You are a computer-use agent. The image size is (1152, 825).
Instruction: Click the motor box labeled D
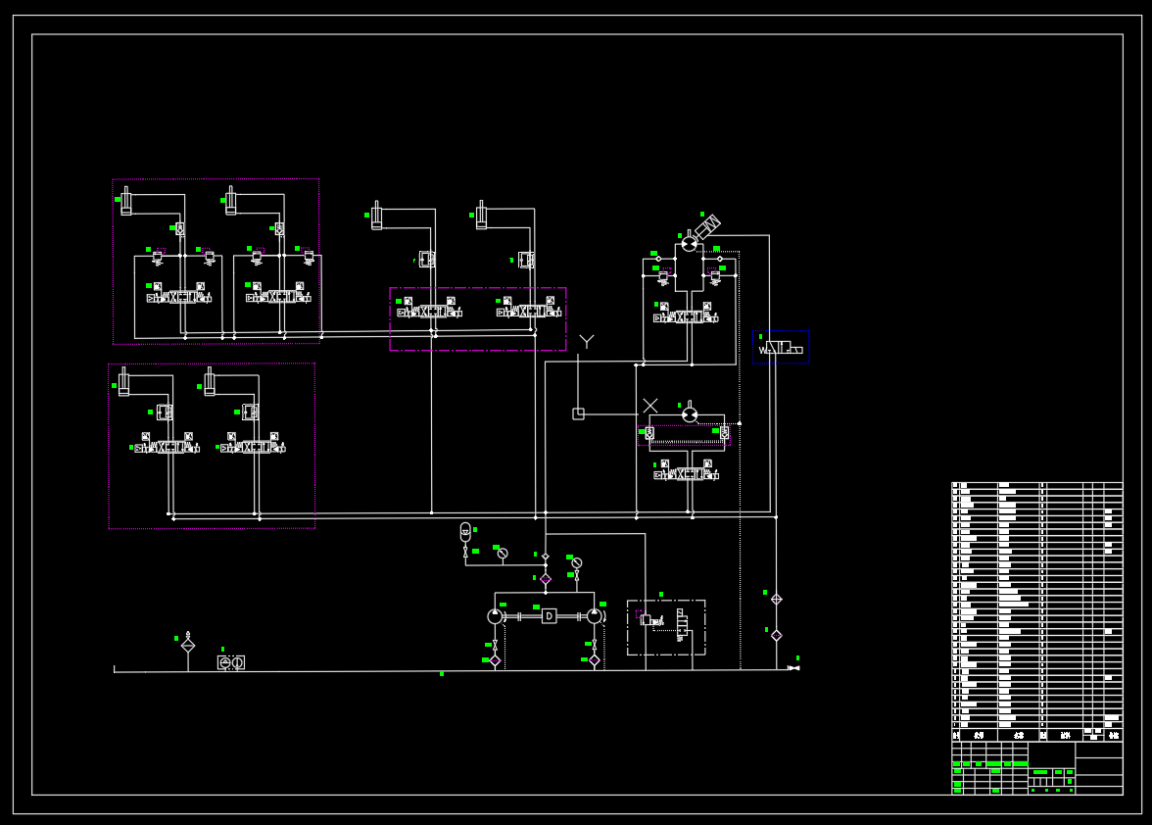coord(550,616)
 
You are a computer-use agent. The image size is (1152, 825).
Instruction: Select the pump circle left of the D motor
coord(495,616)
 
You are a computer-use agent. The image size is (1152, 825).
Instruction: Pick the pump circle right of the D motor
coord(595,616)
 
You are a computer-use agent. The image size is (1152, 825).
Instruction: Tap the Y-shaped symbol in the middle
coord(587,341)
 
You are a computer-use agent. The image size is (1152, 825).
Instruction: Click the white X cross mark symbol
coord(650,406)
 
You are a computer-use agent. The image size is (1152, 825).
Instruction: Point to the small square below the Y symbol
coord(578,413)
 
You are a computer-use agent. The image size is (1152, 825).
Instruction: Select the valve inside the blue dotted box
coord(781,349)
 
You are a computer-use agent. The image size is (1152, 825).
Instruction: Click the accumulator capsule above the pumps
coord(465,531)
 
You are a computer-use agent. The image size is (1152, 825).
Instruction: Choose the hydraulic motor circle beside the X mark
coord(690,414)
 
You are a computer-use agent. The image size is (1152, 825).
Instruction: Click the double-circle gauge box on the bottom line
coord(231,663)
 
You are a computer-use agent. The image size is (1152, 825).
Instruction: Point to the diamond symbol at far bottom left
coord(188,646)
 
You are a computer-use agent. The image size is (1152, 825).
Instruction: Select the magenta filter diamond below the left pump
coord(495,660)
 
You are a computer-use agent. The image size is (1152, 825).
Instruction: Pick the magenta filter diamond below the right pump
coord(595,660)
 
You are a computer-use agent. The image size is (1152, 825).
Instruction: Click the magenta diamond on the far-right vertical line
coord(776,635)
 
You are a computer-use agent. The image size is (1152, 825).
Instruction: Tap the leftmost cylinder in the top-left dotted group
coord(125,200)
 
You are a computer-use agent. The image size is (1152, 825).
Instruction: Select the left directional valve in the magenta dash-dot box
coord(430,313)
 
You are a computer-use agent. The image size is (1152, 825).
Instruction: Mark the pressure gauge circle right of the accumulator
coord(503,554)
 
